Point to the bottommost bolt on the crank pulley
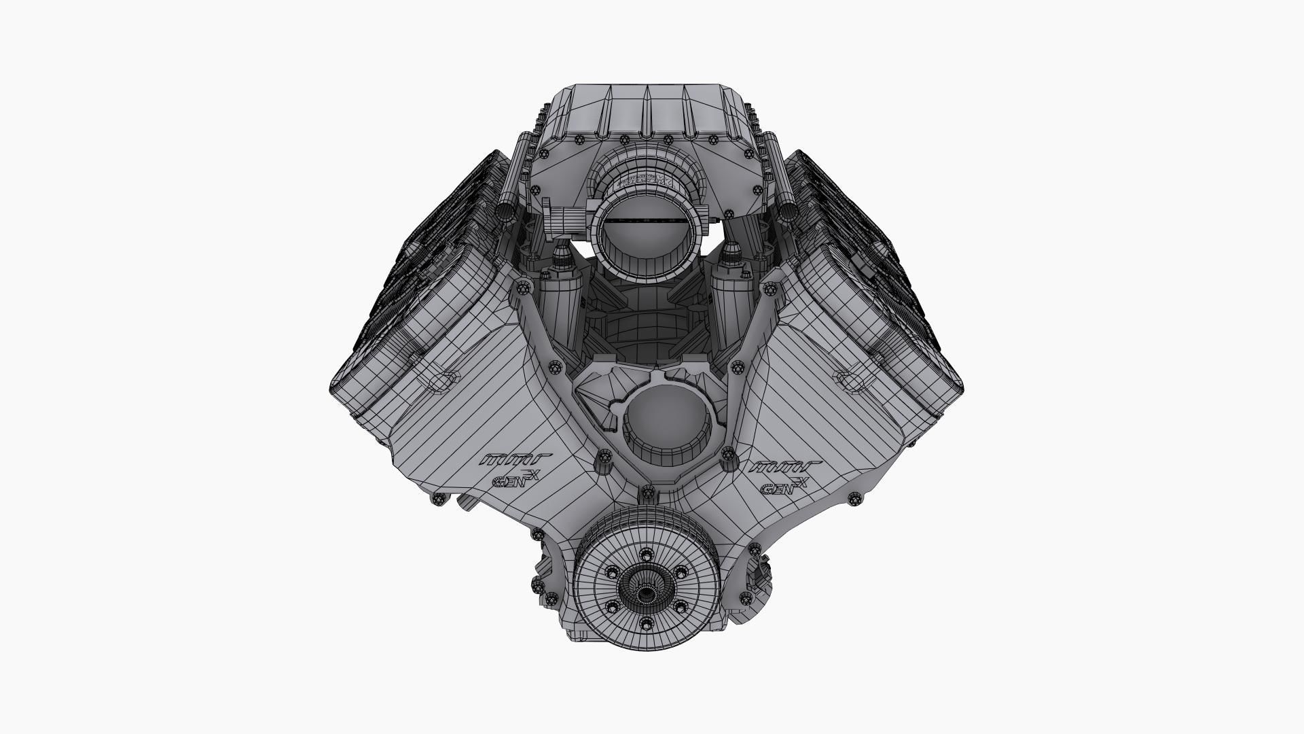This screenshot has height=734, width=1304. tap(642, 623)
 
